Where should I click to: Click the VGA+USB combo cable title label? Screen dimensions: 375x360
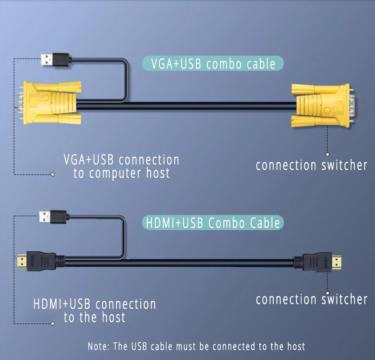coord(213,63)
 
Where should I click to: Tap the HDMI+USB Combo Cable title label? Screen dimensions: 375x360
coord(213,223)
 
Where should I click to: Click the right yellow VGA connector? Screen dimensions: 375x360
coord(321,105)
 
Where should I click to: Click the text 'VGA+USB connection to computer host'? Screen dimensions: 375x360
coord(121,166)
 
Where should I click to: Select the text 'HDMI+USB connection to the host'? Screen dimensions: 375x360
coord(95,310)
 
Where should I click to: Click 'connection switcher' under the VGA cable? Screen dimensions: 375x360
coord(311,165)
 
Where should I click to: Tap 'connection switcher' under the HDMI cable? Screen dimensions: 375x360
coord(311,299)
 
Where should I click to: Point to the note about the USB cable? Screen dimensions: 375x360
coord(196,346)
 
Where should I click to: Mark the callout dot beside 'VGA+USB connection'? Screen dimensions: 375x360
coord(53,174)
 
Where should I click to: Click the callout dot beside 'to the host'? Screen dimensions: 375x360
coord(53,323)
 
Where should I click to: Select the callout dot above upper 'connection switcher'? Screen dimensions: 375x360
coord(328,154)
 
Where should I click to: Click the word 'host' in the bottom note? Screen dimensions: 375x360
coord(296,346)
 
